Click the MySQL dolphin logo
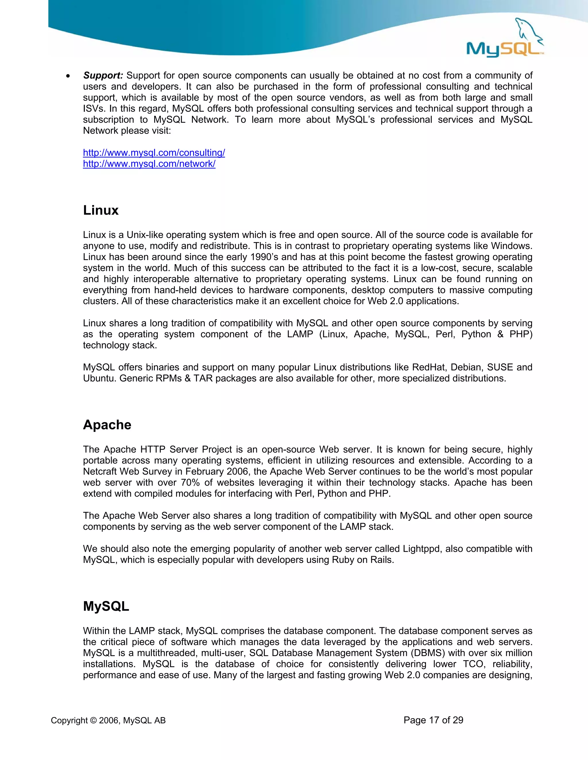pyautogui.click(x=505, y=38)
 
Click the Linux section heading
pyautogui.click(x=101, y=210)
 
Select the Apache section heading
pyautogui.click(x=107, y=425)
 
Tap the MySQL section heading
pyautogui.click(x=106, y=606)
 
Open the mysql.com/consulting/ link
pyautogui.click(x=154, y=153)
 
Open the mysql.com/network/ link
pyautogui.click(x=149, y=164)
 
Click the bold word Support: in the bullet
pyautogui.click(x=103, y=75)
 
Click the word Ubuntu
pyautogui.click(x=100, y=378)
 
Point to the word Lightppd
pyautogui.click(x=421, y=549)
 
